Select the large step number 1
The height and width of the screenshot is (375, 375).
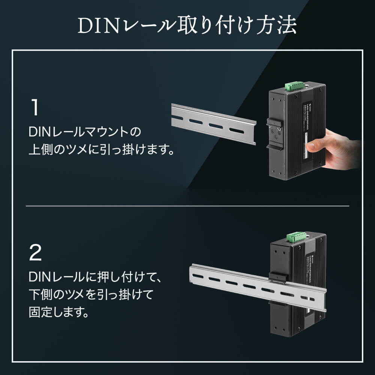pos(34,107)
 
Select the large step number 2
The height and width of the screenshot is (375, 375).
pos(35,253)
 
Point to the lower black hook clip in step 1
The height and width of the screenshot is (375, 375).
pos(274,147)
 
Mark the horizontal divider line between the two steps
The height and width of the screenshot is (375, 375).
pos(187,206)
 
